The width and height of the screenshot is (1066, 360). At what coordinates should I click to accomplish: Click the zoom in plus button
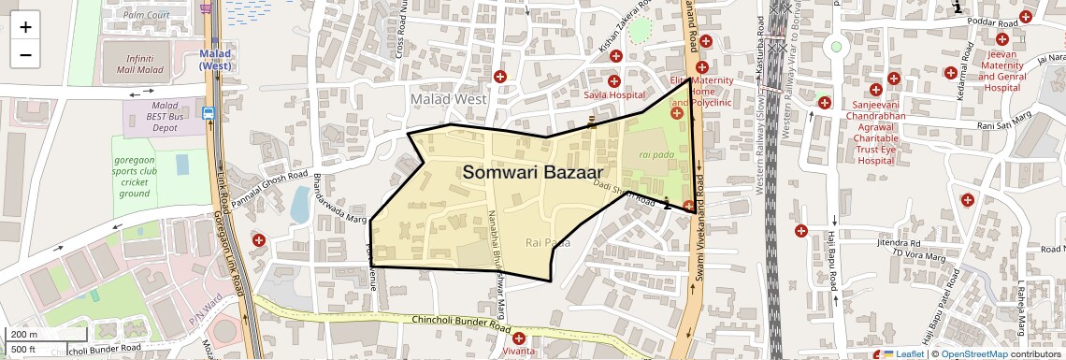click(x=25, y=26)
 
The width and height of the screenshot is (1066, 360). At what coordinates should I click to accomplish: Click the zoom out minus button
click(x=25, y=54)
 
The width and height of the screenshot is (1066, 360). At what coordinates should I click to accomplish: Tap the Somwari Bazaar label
click(x=532, y=172)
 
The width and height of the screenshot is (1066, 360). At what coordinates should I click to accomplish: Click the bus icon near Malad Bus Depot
click(x=208, y=113)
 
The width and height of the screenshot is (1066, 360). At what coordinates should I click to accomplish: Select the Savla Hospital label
click(x=614, y=95)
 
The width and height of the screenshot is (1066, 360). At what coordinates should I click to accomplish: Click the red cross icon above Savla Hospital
click(x=614, y=81)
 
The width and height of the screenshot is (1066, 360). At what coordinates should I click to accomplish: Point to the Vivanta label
click(x=518, y=352)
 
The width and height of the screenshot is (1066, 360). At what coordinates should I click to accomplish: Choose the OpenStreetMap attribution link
click(x=973, y=353)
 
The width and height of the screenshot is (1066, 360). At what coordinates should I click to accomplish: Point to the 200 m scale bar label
click(x=25, y=334)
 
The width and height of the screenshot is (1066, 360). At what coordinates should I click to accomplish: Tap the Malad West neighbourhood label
click(x=448, y=99)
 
